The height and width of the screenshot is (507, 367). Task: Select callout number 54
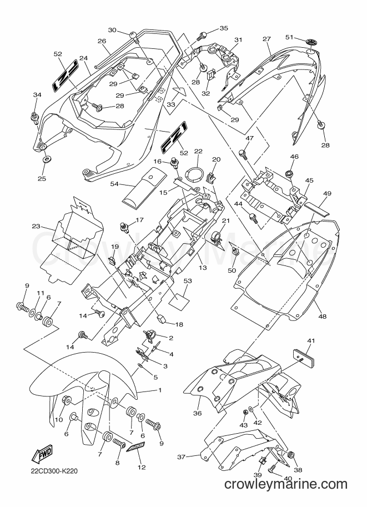coord(114,184)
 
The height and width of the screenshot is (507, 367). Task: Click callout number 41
coord(311,341)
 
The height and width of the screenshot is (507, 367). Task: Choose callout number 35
coord(224,28)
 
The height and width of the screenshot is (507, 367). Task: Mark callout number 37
coord(182,457)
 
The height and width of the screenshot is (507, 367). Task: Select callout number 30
coord(112,30)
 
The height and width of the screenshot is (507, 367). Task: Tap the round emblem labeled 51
coord(311,42)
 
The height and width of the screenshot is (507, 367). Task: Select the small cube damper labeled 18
coord(161,319)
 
